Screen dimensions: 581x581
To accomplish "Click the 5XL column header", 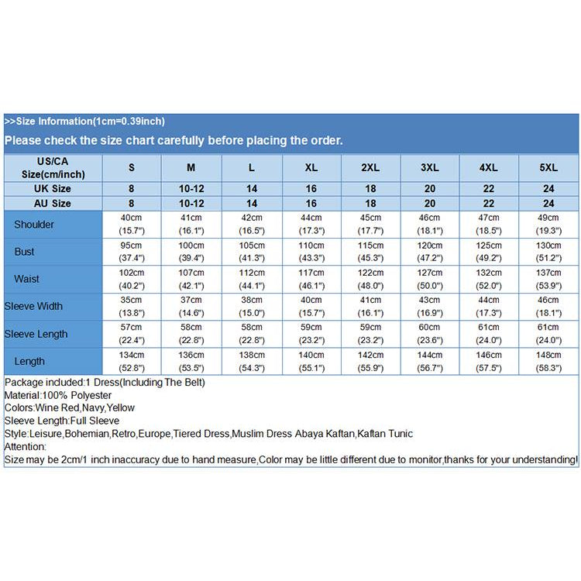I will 548,167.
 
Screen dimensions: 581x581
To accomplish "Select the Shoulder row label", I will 34,225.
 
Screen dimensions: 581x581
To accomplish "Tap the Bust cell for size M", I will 191,252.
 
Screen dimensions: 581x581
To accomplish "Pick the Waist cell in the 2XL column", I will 370,279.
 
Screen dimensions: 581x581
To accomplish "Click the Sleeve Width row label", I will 33,306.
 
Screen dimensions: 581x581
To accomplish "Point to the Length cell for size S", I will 132,361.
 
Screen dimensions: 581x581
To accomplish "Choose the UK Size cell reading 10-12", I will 191,188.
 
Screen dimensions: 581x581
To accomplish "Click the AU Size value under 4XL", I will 489,203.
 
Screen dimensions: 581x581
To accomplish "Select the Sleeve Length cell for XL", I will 311,334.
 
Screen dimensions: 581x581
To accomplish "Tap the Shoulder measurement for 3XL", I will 430,225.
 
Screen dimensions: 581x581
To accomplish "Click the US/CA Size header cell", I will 52,167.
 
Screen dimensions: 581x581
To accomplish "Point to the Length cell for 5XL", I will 548,361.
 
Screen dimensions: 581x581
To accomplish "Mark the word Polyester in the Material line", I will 86,395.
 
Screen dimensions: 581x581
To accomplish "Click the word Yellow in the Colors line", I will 120,407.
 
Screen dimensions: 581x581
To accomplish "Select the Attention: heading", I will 26,447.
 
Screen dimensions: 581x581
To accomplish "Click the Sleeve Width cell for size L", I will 251,306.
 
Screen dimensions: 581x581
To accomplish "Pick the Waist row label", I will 27,279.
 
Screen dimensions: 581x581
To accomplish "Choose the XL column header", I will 311,167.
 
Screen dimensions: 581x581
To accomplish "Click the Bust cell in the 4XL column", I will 489,252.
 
